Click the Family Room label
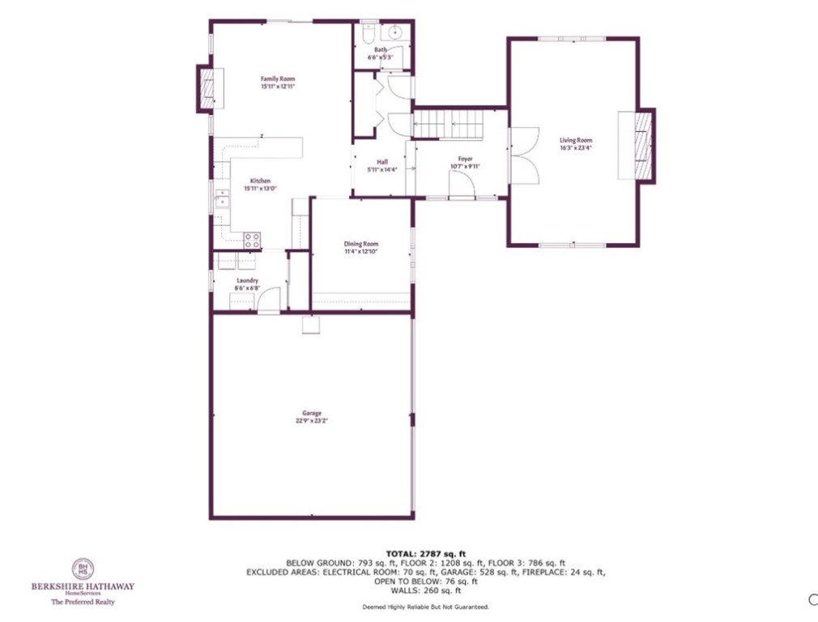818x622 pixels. click(277, 79)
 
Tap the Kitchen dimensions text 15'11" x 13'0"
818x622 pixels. click(261, 188)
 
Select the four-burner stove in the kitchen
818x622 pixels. click(253, 240)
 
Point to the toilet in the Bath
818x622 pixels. click(366, 35)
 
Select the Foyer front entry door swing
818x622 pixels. click(462, 190)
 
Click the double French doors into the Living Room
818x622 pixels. click(524, 156)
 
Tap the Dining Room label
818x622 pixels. click(361, 244)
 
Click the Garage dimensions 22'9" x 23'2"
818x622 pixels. click(311, 420)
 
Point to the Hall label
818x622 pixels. click(382, 161)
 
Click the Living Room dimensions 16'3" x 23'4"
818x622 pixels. click(576, 147)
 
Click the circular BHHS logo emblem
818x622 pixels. click(83, 569)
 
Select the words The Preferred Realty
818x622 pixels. click(83, 603)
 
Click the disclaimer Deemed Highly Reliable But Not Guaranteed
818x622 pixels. click(425, 606)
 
